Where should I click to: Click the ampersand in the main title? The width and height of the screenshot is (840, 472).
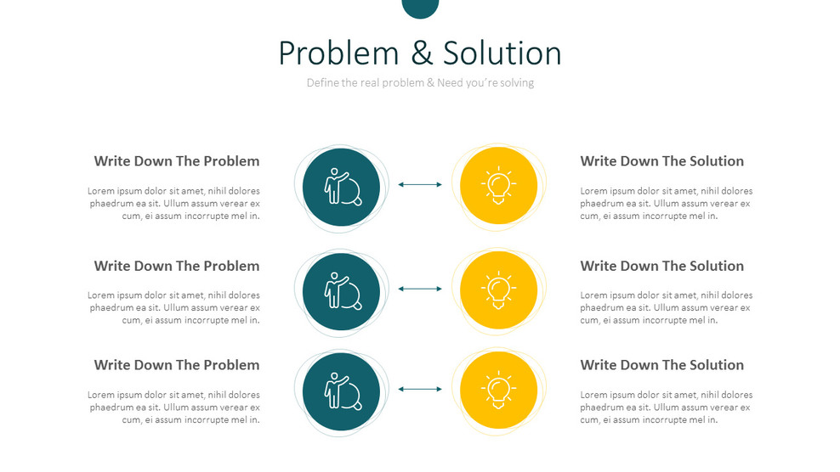422,53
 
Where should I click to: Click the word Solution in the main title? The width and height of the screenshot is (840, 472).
502,53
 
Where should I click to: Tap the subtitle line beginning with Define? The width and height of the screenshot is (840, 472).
420,82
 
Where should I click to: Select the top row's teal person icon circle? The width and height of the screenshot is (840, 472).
341,188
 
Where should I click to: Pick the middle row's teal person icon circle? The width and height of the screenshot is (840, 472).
341,292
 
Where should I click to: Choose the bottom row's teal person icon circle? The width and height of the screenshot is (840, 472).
341,391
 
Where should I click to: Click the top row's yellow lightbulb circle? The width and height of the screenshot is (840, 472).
499,185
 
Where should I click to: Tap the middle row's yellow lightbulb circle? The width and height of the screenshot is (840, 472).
499,290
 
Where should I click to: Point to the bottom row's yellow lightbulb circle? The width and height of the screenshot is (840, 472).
499,390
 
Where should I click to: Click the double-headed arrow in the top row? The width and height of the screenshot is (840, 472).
420,184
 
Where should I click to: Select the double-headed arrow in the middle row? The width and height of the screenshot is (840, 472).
420,289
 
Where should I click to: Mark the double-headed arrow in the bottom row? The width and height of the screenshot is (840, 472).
420,389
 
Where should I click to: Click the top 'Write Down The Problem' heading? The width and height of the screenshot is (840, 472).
177,161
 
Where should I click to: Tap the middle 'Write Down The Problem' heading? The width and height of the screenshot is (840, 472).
177,266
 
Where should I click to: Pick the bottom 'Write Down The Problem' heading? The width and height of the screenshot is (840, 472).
177,365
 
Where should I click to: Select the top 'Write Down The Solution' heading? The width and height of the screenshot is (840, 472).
662,161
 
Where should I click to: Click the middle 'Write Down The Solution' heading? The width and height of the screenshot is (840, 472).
662,266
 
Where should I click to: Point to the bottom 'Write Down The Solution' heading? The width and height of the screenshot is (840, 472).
662,365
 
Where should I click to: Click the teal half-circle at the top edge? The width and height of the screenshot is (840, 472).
420,8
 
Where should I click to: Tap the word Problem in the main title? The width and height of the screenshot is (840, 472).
339,53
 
